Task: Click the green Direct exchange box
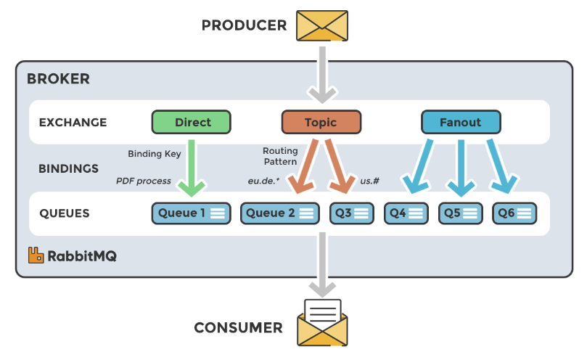coord(192,122)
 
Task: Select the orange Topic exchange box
coord(320,122)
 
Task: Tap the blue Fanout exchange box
coord(460,122)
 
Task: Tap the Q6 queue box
coord(514,213)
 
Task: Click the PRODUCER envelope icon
coord(322,25)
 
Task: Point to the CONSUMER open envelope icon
coord(323,323)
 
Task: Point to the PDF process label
coord(144,181)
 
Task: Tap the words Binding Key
coord(155,154)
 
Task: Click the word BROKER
coord(58,79)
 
